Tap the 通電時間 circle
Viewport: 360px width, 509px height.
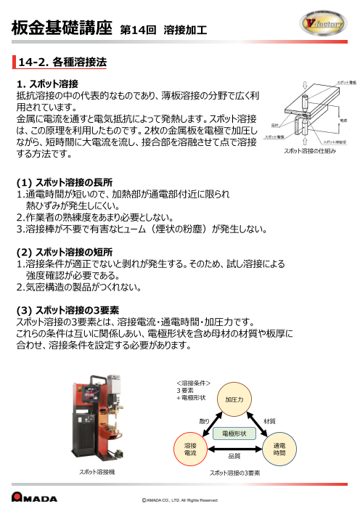[279, 448]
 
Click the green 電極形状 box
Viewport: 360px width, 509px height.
[234, 433]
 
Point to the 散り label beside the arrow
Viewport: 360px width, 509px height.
[204, 420]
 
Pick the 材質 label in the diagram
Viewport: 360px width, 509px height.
[269, 420]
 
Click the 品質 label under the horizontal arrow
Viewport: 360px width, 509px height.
[234, 457]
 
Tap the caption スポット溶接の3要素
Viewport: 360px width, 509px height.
[234, 473]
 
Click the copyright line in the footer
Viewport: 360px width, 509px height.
[179, 500]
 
